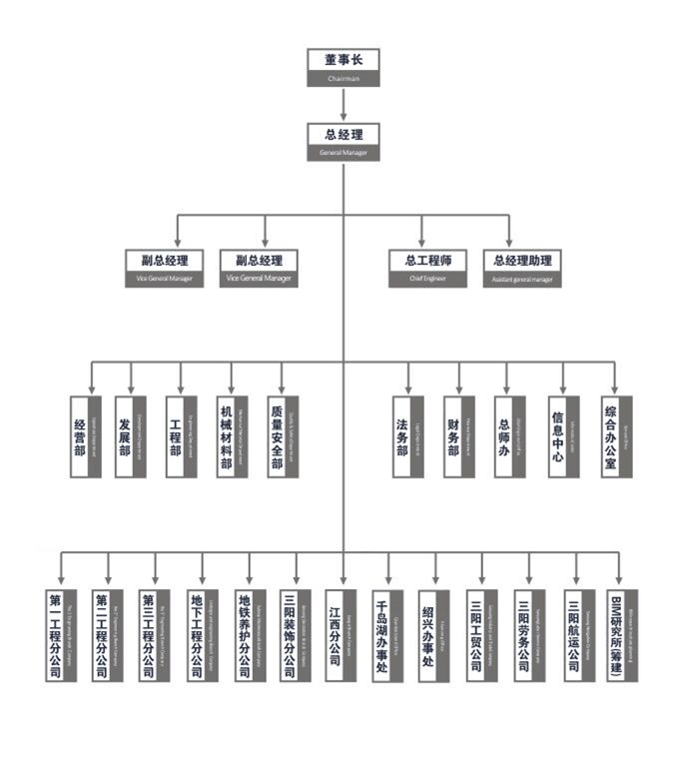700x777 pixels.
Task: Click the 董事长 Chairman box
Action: (343, 66)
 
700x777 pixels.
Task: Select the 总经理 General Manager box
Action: (343, 141)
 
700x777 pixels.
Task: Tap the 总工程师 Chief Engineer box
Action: (428, 268)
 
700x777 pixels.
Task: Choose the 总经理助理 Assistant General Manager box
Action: (521, 268)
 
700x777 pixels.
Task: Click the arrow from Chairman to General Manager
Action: (343, 104)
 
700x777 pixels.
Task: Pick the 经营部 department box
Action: (86, 436)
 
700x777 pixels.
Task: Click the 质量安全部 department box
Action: (283, 436)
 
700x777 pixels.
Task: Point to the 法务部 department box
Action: (409, 436)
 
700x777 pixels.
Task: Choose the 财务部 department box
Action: (459, 436)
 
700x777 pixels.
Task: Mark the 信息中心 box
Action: (563, 436)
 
